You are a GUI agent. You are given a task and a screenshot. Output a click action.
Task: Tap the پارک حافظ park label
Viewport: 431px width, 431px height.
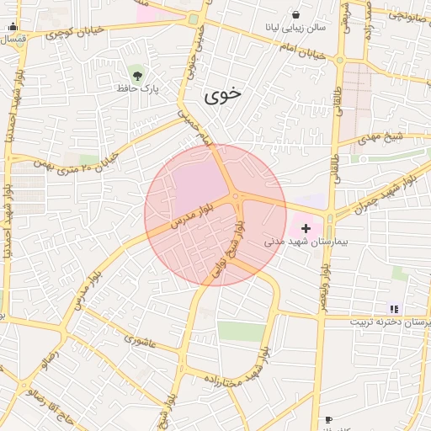click(138, 87)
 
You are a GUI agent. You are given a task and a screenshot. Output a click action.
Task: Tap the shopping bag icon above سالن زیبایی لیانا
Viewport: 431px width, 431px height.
click(295, 14)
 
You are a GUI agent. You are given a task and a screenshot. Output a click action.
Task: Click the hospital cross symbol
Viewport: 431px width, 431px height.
click(305, 228)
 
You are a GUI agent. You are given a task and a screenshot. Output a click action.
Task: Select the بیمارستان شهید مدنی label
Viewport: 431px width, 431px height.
click(300, 242)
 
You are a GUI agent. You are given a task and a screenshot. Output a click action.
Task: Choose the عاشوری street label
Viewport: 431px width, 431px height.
click(140, 340)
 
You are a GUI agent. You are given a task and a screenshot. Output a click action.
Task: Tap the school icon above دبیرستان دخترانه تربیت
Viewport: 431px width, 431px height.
click(394, 309)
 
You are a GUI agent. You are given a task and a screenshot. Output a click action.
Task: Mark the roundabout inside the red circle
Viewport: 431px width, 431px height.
click(237, 198)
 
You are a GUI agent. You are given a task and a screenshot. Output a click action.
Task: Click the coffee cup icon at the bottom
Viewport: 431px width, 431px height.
click(328, 419)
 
